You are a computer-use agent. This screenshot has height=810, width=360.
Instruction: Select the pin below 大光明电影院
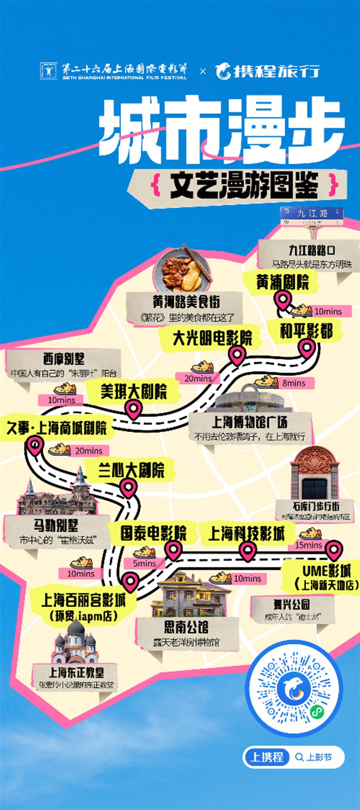237,355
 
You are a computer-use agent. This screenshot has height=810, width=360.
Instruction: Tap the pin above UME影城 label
334,550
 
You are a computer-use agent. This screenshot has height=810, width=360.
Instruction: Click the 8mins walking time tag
294,383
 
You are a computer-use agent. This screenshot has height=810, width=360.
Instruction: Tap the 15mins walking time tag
308,545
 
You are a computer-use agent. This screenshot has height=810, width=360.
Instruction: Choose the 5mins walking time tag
144,563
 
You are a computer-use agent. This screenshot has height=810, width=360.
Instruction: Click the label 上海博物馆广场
249,423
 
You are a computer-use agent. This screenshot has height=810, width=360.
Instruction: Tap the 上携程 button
267,757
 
